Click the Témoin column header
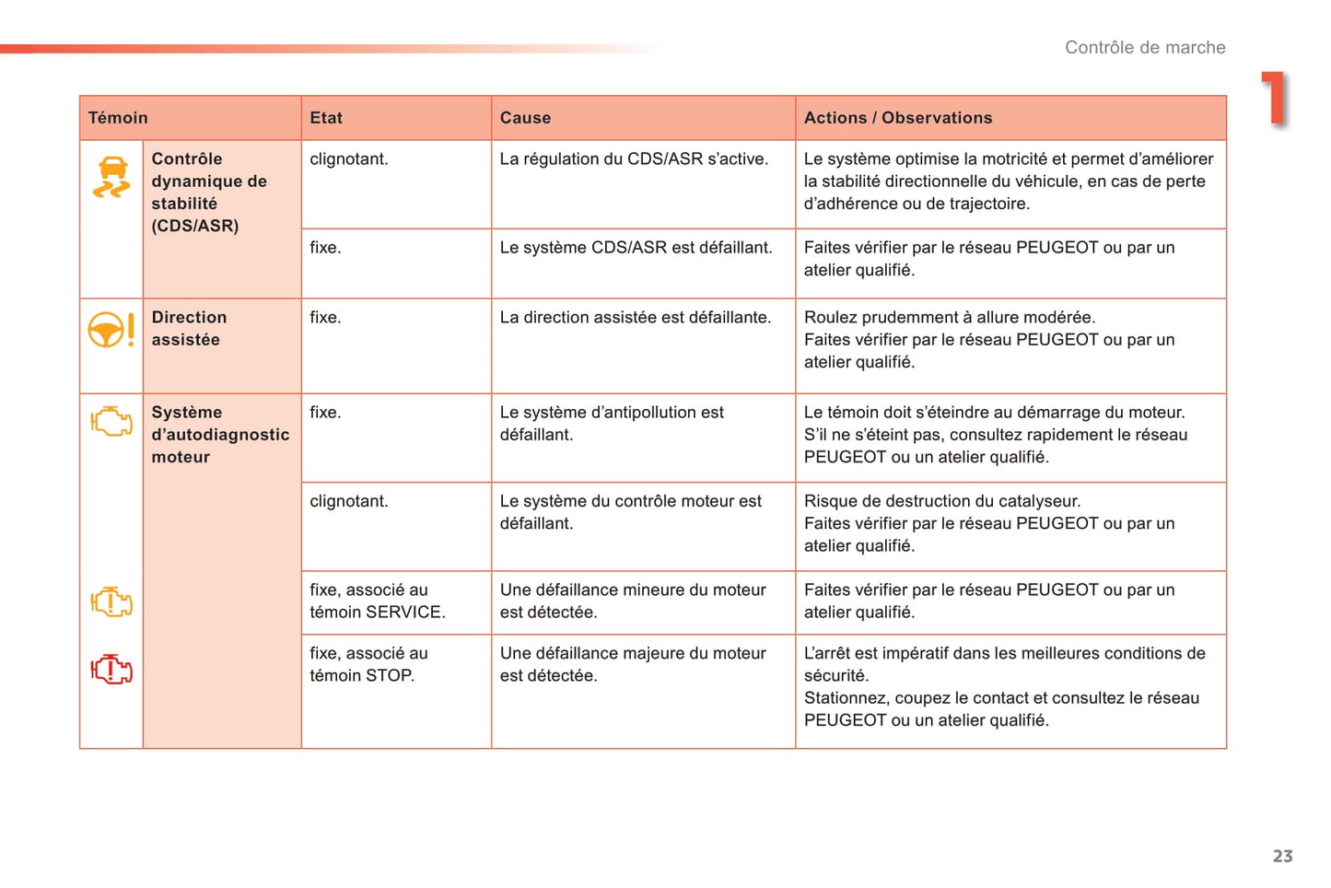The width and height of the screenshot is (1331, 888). pos(118,118)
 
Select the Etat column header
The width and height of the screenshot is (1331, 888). pos(326,118)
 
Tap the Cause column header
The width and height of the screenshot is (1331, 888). pos(525,118)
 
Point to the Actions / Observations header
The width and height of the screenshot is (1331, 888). pos(898,118)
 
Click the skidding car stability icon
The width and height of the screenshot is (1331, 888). pos(111,177)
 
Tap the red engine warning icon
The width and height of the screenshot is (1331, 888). pos(111,669)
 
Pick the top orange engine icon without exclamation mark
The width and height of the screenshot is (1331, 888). pos(111,422)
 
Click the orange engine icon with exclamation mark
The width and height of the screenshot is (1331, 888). pos(111,602)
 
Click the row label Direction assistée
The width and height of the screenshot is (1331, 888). pos(189,329)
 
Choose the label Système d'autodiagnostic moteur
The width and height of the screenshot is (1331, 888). pos(220,435)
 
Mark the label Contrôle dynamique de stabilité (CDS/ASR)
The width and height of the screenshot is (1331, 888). pos(209,193)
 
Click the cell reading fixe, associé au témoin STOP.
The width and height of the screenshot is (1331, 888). pos(368,664)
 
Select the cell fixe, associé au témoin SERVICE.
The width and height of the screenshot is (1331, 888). pos(377,601)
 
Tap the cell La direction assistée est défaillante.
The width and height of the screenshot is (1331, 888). pos(635,318)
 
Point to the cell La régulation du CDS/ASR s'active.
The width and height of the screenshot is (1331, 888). pos(634,159)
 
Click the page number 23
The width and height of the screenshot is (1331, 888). pos(1282,857)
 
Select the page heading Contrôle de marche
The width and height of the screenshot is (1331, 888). pos(1145,48)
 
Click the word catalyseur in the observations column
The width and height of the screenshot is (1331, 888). pos(1041,501)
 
